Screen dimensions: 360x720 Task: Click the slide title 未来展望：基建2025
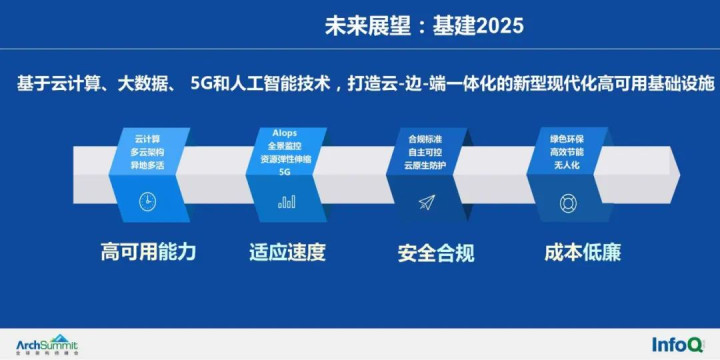(424, 25)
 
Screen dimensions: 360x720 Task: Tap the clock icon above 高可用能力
(147, 201)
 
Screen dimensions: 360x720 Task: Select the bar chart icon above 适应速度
(287, 201)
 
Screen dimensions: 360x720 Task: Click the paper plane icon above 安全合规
(427, 202)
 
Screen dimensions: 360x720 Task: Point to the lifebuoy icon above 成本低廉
(567, 202)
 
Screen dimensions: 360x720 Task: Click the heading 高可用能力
(148, 252)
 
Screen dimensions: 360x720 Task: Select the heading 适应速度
(287, 252)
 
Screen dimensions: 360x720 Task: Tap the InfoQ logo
(680, 344)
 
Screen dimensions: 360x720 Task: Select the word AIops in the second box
(286, 132)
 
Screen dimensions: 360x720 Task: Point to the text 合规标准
(427, 138)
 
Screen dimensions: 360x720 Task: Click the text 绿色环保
(567, 137)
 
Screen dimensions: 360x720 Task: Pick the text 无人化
(567, 165)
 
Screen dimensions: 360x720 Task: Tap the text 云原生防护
(427, 166)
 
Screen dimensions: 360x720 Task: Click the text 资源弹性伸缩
(286, 158)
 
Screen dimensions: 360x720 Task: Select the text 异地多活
(148, 163)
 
